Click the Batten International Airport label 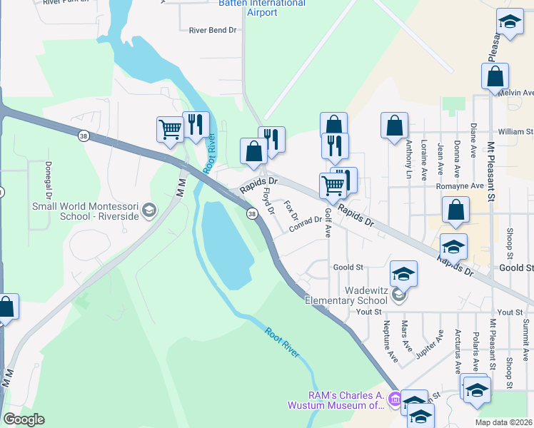click(262, 8)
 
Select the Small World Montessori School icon click(148, 210)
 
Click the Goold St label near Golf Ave click(348, 267)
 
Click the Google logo click(24, 419)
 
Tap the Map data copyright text click(504, 422)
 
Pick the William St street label click(515, 132)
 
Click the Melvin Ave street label click(516, 93)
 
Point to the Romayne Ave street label click(460, 186)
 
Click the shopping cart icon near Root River click(171, 129)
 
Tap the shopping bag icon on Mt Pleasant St click(495, 76)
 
